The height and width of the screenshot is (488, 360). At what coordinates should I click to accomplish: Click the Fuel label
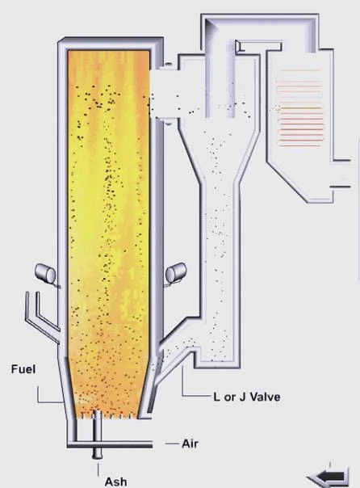[23, 369]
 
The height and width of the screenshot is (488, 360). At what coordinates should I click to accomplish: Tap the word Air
[190, 444]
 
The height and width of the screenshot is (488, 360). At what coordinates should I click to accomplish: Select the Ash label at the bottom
[115, 482]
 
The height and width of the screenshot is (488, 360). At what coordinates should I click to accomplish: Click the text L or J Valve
[247, 397]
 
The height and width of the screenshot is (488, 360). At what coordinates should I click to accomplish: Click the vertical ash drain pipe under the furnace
[98, 435]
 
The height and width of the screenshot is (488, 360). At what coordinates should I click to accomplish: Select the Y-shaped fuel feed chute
[43, 318]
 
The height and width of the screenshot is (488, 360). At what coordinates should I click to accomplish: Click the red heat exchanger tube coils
[300, 107]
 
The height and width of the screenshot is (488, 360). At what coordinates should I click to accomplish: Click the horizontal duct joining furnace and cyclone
[164, 94]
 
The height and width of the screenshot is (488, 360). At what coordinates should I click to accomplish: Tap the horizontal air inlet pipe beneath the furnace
[110, 444]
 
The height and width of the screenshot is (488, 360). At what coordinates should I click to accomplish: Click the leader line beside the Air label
[172, 444]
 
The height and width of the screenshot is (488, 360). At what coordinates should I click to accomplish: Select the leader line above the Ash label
[98, 469]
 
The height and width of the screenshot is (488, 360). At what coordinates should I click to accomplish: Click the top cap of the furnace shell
[111, 43]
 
